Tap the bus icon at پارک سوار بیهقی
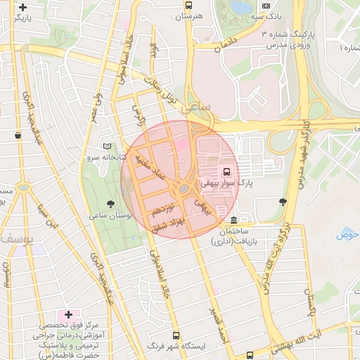(x=226, y=171)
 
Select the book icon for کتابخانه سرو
(x=107, y=146)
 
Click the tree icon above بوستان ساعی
(x=108, y=204)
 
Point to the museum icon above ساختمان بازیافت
(x=234, y=220)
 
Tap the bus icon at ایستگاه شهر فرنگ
(x=175, y=335)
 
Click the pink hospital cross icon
(x=68, y=314)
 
